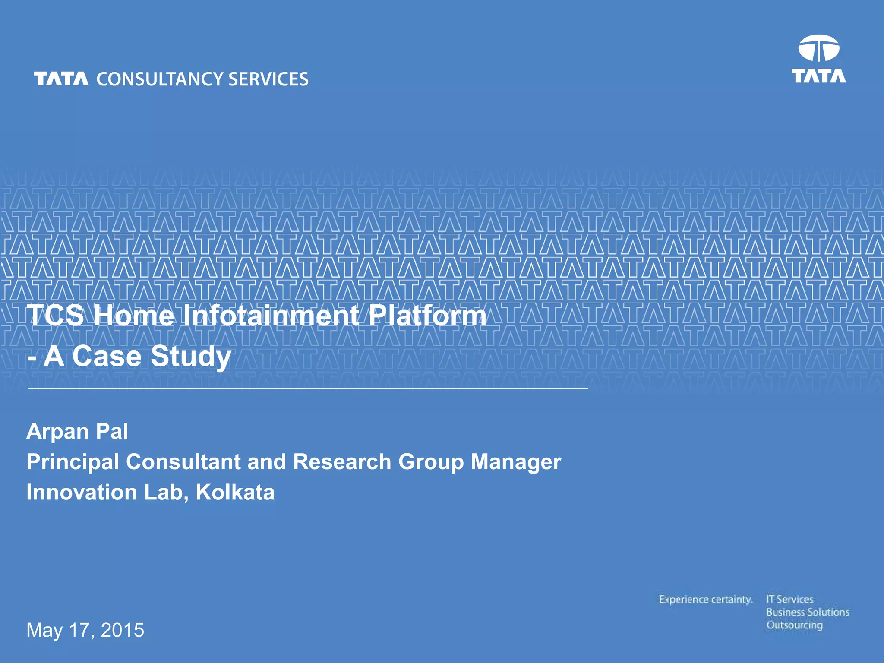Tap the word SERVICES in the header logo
point(268,79)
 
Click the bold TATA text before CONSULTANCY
point(61,79)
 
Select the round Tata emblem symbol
point(818,49)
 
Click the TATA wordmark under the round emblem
point(818,76)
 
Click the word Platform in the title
point(427,315)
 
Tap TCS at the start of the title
point(56,315)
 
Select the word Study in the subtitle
point(191,357)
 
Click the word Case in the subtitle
point(107,357)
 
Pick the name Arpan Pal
point(77,431)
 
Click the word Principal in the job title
point(73,462)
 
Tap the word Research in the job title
point(342,462)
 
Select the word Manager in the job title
point(516,462)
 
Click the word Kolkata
point(235,493)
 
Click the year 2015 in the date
point(122,630)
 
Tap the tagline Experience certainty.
point(705,600)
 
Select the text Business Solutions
point(808,612)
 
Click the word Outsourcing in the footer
point(794,625)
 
